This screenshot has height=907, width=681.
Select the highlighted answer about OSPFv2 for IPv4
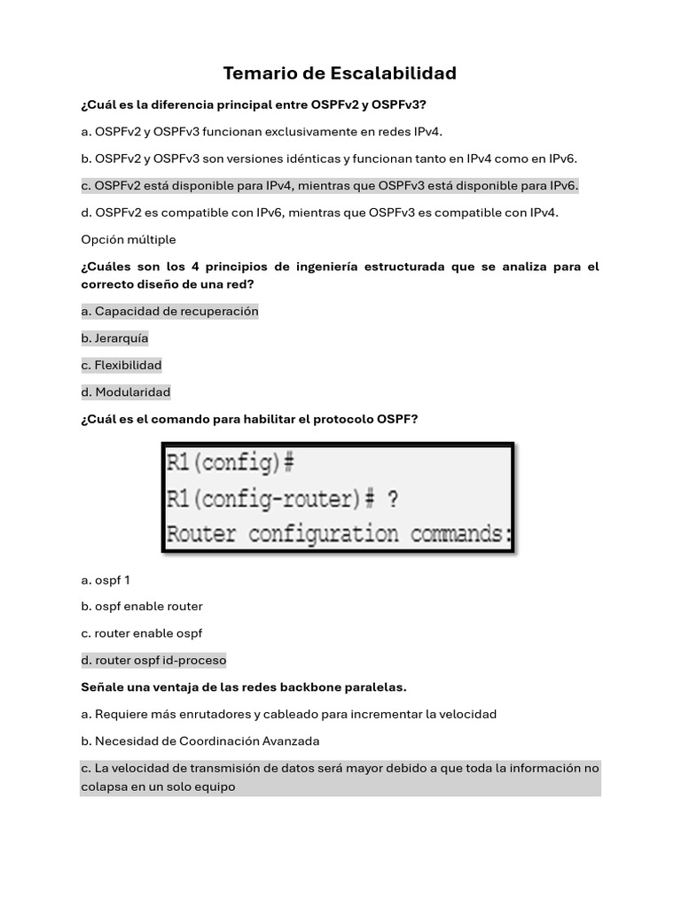pos(329,186)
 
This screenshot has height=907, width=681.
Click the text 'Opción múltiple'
pos(129,240)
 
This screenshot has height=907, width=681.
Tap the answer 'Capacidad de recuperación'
pos(169,312)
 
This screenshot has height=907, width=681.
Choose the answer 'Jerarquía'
pos(114,338)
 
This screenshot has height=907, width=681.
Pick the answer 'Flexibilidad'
pos(121,365)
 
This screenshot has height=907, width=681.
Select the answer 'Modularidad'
pos(125,391)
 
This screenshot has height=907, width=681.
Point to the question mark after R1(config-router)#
pos(391,500)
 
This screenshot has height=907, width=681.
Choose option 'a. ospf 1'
pos(106,580)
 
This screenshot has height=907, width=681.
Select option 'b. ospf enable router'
pos(142,607)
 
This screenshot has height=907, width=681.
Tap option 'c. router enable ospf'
pos(142,633)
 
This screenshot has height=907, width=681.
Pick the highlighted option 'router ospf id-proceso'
pos(153,660)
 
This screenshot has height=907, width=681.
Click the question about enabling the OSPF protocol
pos(249,419)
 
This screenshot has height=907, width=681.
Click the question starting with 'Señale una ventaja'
pos(244,687)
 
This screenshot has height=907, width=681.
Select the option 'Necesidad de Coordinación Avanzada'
pos(200,740)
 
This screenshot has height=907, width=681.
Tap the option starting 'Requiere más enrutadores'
pos(289,714)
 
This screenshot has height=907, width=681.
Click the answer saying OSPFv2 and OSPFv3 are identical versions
pos(329,159)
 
